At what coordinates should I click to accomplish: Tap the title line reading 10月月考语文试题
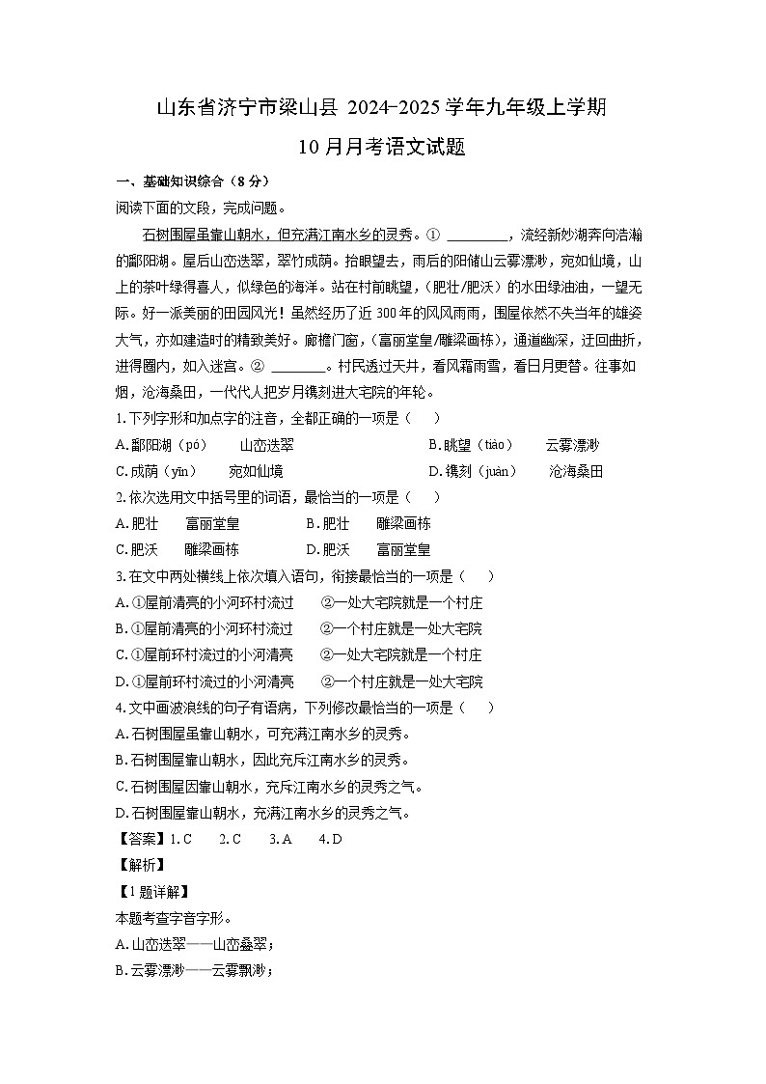[382, 147]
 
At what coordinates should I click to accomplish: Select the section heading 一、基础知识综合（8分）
[192, 181]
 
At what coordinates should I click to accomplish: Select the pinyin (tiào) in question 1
[491, 445]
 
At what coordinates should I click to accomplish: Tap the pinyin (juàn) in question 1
[495, 471]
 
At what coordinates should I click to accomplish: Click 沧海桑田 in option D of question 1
[576, 471]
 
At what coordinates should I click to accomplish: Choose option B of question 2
[369, 523]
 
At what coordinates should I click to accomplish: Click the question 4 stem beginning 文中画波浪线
[304, 708]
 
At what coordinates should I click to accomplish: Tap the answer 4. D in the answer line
[330, 839]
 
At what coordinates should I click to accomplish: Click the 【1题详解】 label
[151, 891]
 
